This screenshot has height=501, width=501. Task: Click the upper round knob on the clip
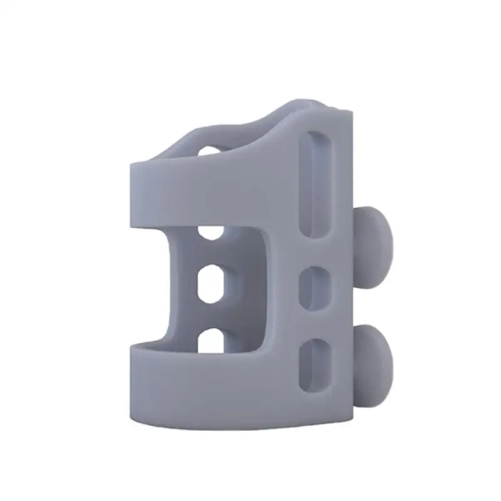(x=374, y=236)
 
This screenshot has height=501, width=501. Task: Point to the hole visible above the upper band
(x=209, y=150)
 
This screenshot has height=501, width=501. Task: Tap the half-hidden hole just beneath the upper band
(x=210, y=233)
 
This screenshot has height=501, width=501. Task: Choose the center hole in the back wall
(x=212, y=286)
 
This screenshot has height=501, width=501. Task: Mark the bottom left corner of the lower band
(x=133, y=418)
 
